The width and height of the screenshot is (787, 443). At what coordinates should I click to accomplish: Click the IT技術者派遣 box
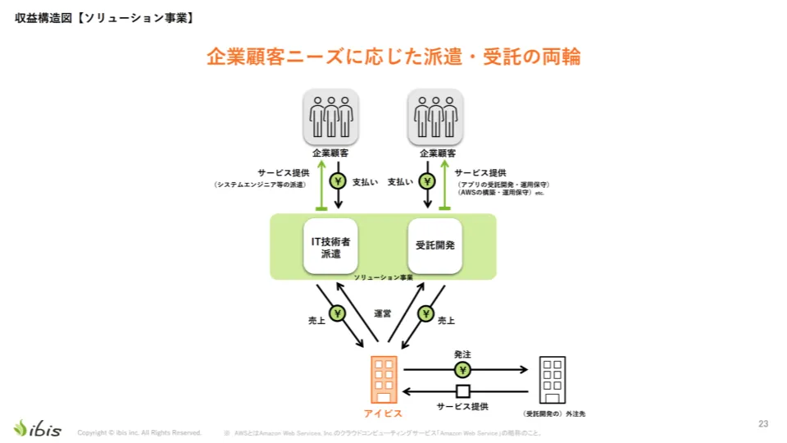[x=330, y=245]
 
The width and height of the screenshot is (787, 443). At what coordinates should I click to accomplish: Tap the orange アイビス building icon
[x=384, y=378]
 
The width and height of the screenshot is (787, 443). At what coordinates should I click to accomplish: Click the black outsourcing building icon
[x=552, y=379]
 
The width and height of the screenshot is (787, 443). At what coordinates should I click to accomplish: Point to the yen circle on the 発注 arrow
[x=463, y=370]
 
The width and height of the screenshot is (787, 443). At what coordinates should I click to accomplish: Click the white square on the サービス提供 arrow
[x=463, y=390]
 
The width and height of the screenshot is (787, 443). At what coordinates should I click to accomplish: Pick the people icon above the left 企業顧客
[x=331, y=116]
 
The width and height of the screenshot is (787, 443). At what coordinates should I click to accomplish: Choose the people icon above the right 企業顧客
[x=435, y=116]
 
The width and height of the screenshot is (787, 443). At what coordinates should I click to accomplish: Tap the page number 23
[x=763, y=423]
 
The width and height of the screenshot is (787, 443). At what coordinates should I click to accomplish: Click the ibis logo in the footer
[x=37, y=428]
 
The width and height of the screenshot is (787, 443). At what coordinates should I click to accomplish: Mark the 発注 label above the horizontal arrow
[x=463, y=354]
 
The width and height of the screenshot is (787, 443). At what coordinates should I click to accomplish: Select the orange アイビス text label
[x=384, y=413]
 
